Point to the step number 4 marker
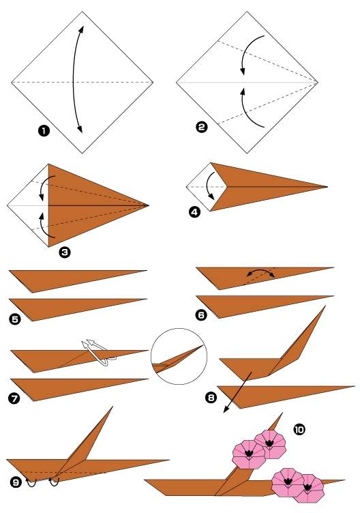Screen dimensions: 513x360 click(x=194, y=212)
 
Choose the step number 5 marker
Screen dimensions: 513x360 click(x=15, y=318)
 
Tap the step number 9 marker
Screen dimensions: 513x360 click(x=16, y=482)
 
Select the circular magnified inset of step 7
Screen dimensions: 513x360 click(x=179, y=356)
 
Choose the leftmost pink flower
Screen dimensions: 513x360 click(x=247, y=454)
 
